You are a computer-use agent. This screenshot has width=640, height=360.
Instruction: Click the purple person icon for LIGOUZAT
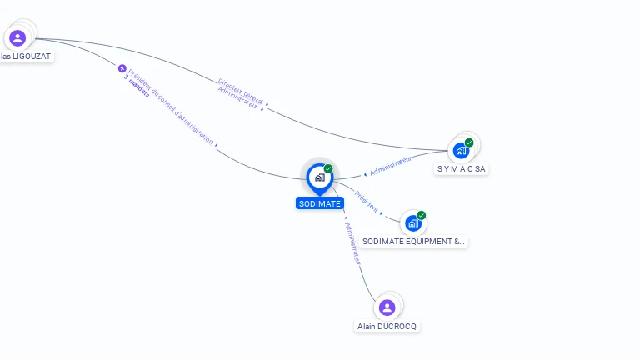pos(17,37)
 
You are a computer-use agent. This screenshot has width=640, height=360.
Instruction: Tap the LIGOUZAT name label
pos(26,57)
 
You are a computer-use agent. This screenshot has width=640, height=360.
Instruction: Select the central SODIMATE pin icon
pos(319,177)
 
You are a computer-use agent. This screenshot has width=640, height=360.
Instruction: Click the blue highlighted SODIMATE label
pos(319,203)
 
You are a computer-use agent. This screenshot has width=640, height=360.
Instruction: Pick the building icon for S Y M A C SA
pos(461,151)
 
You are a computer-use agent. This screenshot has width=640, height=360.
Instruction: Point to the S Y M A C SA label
pos(462,169)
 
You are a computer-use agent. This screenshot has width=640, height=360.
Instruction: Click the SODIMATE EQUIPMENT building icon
pos(412,223)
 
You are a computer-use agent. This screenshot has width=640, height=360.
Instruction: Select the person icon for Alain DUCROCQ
pos(387,307)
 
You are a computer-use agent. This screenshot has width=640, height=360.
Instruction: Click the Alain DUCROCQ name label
pos(387,327)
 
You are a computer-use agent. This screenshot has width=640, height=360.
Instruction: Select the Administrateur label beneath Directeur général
pos(237,100)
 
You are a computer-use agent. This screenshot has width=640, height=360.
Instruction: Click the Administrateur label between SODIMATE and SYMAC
pos(390,165)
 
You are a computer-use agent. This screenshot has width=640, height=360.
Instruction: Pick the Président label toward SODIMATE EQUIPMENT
pos(367,202)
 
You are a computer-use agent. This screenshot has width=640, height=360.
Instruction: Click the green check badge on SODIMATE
pos(328,168)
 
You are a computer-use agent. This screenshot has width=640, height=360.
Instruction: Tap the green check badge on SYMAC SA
pos(469,142)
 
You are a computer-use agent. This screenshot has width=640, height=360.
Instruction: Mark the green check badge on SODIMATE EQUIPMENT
pos(422,215)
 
